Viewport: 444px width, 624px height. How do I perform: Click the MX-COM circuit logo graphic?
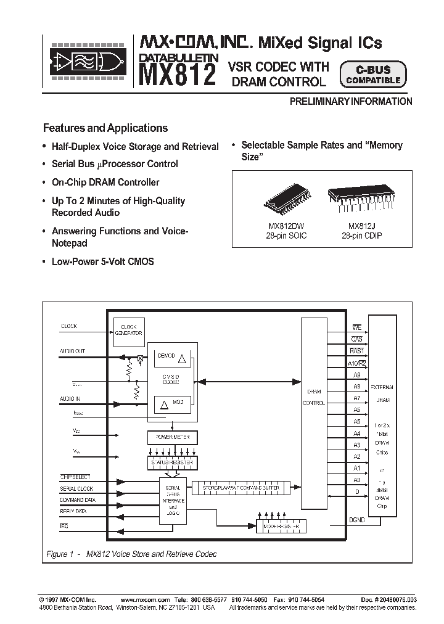[x=87, y=62]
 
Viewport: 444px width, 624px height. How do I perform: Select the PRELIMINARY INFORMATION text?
[x=351, y=102]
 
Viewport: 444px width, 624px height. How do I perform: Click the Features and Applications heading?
[x=105, y=128]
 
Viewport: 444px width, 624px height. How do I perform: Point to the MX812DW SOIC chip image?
[x=284, y=200]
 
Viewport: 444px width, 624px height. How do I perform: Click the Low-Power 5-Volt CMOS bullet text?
[x=102, y=261]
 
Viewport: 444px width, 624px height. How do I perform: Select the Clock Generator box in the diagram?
[x=128, y=329]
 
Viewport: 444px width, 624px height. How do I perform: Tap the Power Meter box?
[x=173, y=437]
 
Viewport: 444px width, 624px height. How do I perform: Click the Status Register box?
[x=173, y=462]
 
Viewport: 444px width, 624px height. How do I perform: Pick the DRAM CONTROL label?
[x=314, y=397]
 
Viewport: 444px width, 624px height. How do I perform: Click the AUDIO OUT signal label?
[x=72, y=351]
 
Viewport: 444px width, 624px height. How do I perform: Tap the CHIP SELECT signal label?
[x=75, y=477]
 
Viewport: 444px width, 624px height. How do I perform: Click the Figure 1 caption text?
[x=131, y=554]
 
